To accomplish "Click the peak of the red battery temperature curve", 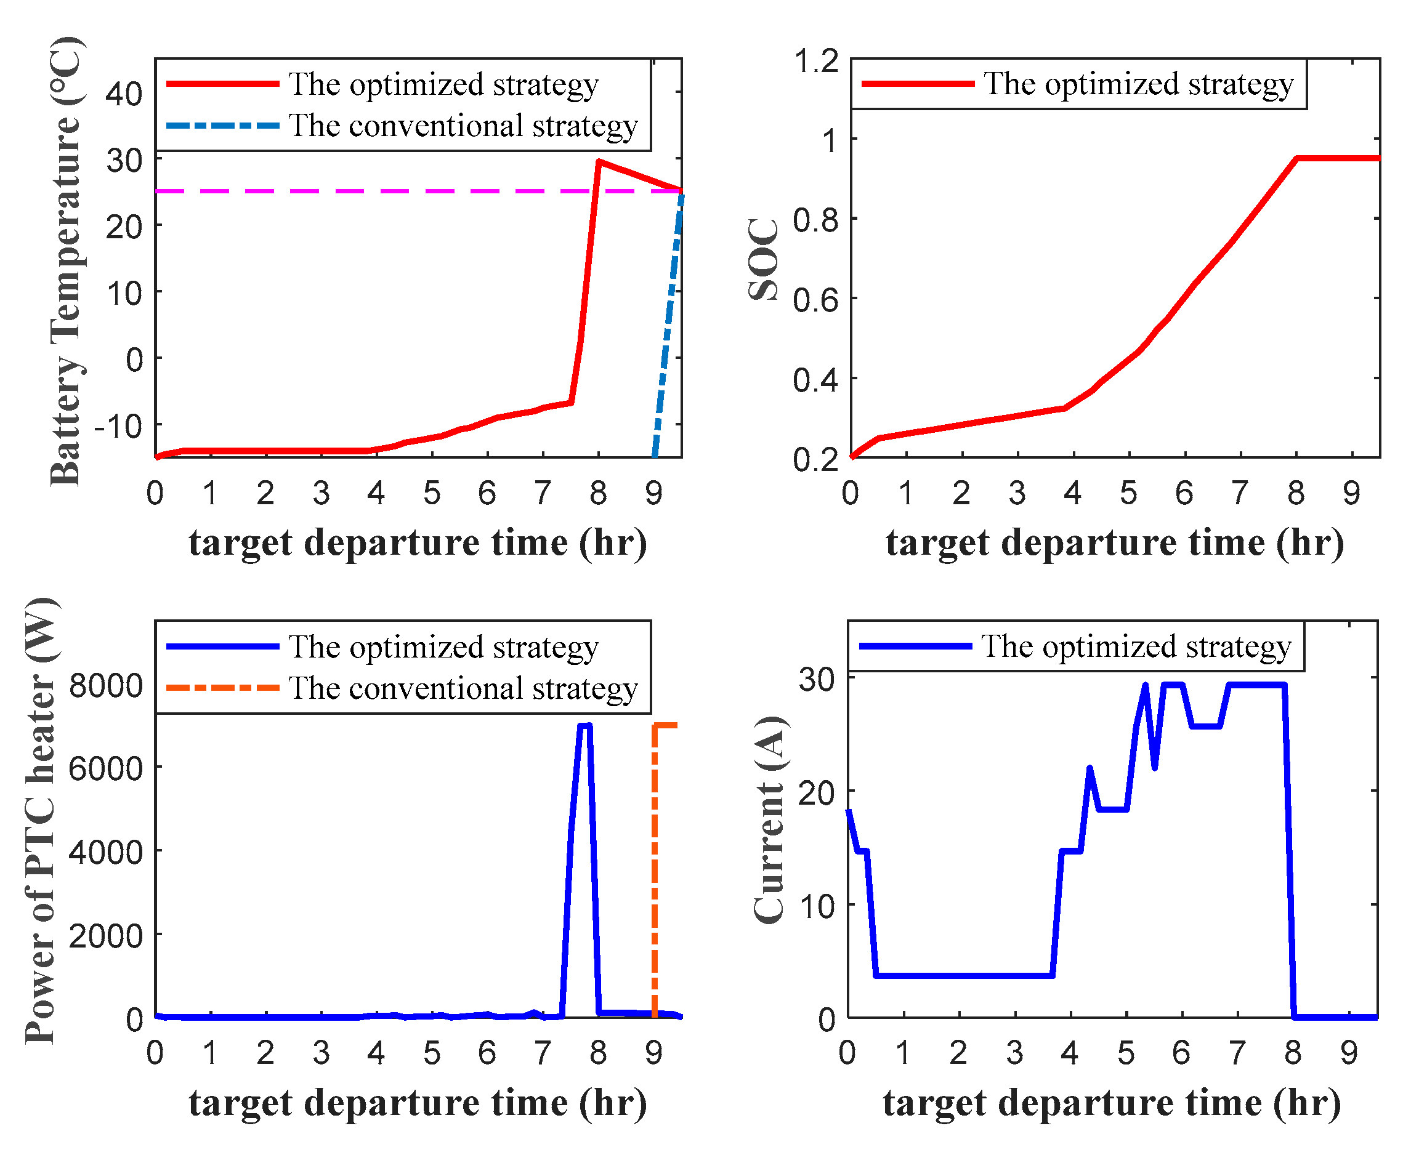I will [x=599, y=162].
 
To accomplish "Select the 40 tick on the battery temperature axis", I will [x=124, y=94].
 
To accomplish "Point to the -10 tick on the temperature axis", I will [x=118, y=426].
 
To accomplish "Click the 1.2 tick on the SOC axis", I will [x=817, y=61].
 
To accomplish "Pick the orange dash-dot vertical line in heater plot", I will [x=655, y=874].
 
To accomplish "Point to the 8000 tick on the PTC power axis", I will [x=106, y=685].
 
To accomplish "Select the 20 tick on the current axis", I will [x=817, y=794].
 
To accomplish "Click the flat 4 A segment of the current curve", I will [x=961, y=975].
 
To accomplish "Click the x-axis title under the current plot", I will [x=1112, y=1103].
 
